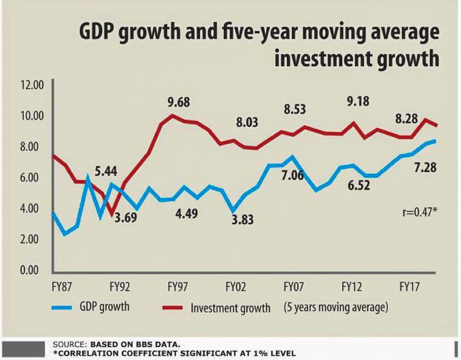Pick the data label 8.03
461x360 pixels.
click(247, 123)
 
